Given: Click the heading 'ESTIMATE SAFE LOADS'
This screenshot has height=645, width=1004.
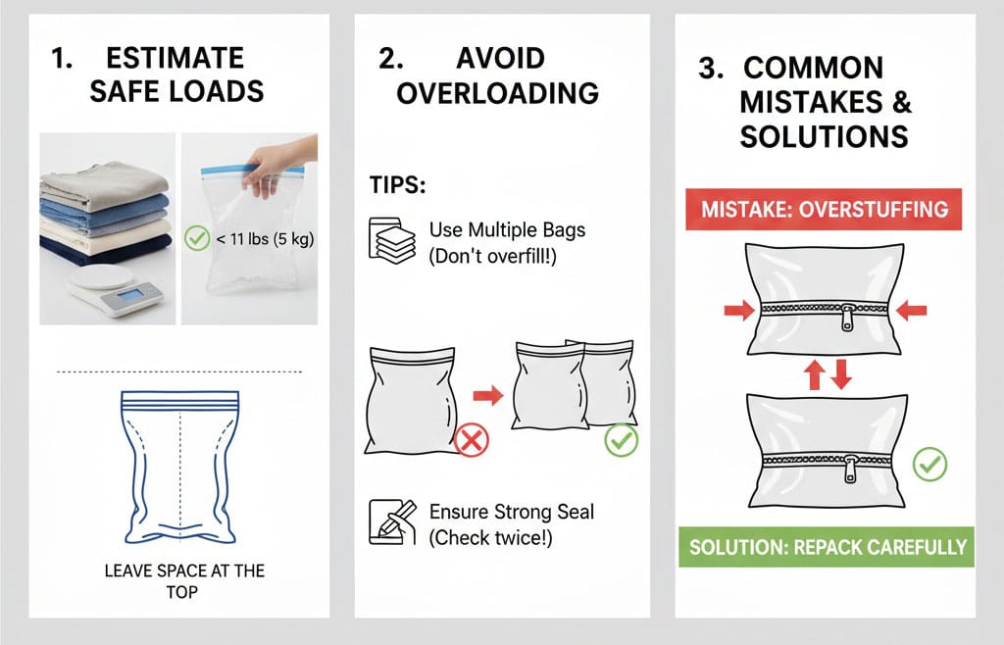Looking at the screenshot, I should click(x=176, y=76).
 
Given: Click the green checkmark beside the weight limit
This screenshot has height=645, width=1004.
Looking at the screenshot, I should click(x=197, y=237).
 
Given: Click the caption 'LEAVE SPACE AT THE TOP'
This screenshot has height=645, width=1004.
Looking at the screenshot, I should click(x=183, y=580).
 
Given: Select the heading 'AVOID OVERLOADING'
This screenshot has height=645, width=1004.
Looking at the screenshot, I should click(x=497, y=75).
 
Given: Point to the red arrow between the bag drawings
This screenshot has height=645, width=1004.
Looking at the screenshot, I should click(x=487, y=395).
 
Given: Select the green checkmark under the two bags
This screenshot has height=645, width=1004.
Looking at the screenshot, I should click(x=621, y=440).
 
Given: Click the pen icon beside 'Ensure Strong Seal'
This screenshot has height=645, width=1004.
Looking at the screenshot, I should click(x=386, y=521).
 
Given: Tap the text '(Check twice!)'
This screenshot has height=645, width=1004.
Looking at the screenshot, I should click(x=491, y=538).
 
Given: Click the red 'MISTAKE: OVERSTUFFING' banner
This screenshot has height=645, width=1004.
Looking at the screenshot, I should click(x=825, y=209).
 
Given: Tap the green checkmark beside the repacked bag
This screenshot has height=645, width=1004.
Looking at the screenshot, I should click(x=929, y=464).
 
